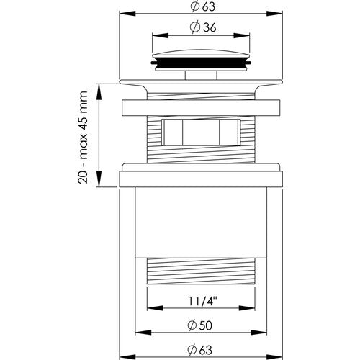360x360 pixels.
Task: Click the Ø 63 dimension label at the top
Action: click(203, 6)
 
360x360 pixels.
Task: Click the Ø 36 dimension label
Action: click(203, 27)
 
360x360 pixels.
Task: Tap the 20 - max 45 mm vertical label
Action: click(83, 137)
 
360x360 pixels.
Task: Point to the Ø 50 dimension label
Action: click(199, 325)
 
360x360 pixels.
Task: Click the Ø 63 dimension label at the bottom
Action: click(199, 350)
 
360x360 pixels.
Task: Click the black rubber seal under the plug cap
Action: click(201, 63)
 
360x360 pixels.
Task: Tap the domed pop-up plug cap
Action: click(201, 53)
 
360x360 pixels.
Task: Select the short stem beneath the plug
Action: click(201, 75)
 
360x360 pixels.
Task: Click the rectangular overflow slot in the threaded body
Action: click(201, 132)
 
